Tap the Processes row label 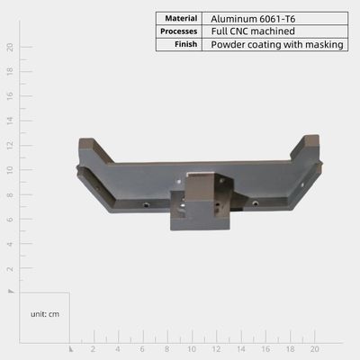179,31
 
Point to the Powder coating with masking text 277,44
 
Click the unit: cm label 45,314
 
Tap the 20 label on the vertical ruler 10,47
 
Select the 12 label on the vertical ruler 10,146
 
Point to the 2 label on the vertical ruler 10,268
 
